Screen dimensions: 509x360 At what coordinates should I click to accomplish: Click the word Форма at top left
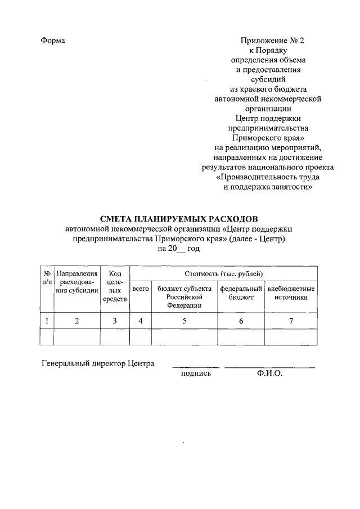[53, 41]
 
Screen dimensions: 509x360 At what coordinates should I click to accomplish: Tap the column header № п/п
[47, 277]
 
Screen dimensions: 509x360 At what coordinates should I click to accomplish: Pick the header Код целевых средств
[115, 286]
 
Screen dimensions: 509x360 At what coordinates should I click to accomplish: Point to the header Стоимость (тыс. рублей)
[223, 273]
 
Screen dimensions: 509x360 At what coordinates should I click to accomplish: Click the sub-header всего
[140, 289]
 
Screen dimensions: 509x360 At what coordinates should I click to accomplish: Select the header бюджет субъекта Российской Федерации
[184, 296]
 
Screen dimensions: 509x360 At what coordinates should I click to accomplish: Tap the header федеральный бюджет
[241, 292]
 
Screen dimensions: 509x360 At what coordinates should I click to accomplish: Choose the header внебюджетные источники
[291, 292]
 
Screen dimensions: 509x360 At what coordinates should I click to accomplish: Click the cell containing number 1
[47, 321]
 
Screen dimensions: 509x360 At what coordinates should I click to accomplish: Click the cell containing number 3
[115, 321]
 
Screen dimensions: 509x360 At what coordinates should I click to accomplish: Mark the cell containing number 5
[184, 321]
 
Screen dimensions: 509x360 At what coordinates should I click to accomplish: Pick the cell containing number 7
[291, 321]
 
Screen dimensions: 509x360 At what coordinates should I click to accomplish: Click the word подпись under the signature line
[196, 373]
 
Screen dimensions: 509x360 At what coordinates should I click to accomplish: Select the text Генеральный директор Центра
[98, 363]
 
